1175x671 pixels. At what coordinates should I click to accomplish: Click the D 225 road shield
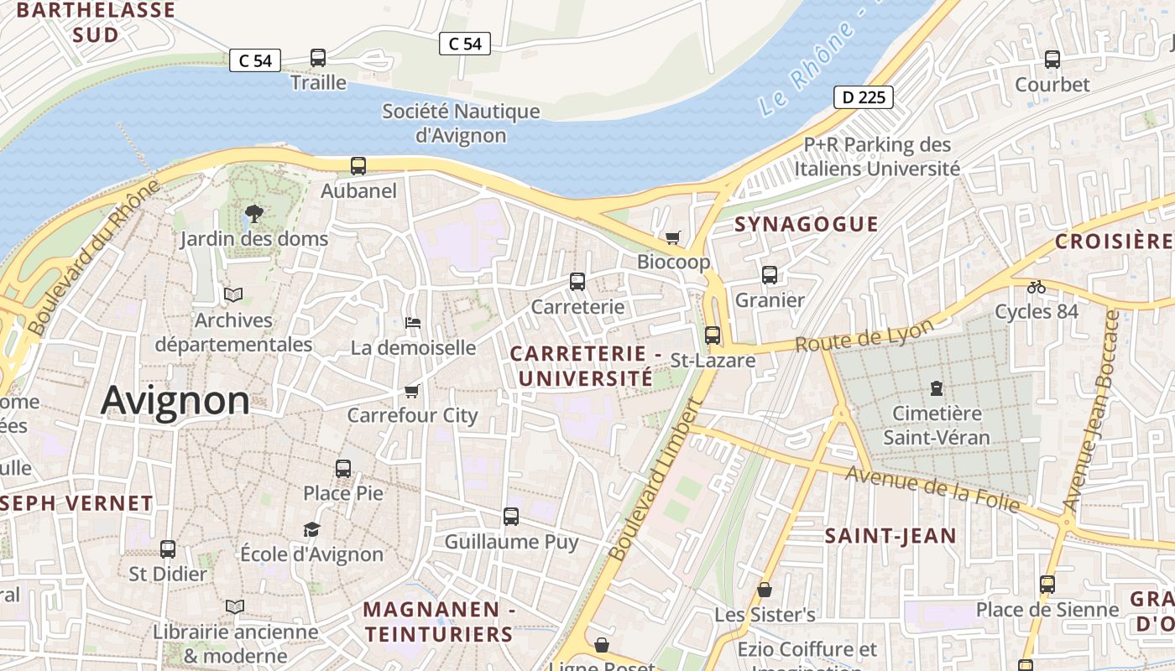coord(863,97)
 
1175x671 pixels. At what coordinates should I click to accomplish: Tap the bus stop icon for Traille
coord(318,58)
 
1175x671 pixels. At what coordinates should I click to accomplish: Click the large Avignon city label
coord(175,401)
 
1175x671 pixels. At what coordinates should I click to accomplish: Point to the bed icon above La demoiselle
coord(412,323)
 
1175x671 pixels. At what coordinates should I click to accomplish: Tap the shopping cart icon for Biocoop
coord(672,237)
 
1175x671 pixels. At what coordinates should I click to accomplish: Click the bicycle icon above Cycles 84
coord(1037,287)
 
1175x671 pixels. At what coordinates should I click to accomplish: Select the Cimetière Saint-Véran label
coord(937,425)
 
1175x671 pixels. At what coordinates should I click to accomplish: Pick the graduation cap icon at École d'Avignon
coord(311,529)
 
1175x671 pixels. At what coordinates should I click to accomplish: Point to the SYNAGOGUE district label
coord(807,224)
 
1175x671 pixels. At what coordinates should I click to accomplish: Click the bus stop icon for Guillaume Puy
coord(511,517)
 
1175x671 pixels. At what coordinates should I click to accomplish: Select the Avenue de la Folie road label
coord(932,489)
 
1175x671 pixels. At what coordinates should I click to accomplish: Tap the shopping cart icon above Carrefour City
coord(412,391)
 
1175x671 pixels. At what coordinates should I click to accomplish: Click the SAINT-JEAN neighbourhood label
coord(890,536)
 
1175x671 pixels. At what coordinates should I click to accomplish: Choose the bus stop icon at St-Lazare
coord(713,335)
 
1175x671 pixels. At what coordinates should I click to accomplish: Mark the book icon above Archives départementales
coord(233,295)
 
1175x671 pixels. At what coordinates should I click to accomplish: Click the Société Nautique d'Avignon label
coord(461,122)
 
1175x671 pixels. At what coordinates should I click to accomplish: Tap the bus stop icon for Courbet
coord(1052,60)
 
